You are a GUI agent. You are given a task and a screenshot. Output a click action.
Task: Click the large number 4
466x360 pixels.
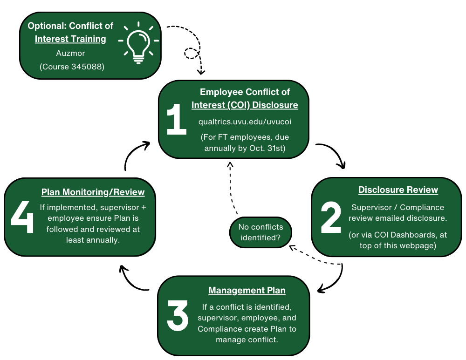pos(22,217)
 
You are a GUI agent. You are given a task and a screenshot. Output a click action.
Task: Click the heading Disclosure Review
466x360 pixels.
pos(398,190)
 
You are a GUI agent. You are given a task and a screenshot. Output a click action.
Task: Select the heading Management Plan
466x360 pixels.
pos(247,291)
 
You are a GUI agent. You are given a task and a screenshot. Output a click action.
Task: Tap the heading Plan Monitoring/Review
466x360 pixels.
pos(93,192)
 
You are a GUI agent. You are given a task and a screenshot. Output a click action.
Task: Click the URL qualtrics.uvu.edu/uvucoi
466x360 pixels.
pos(245,122)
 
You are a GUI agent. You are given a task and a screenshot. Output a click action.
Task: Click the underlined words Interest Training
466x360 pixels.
pos(70,39)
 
